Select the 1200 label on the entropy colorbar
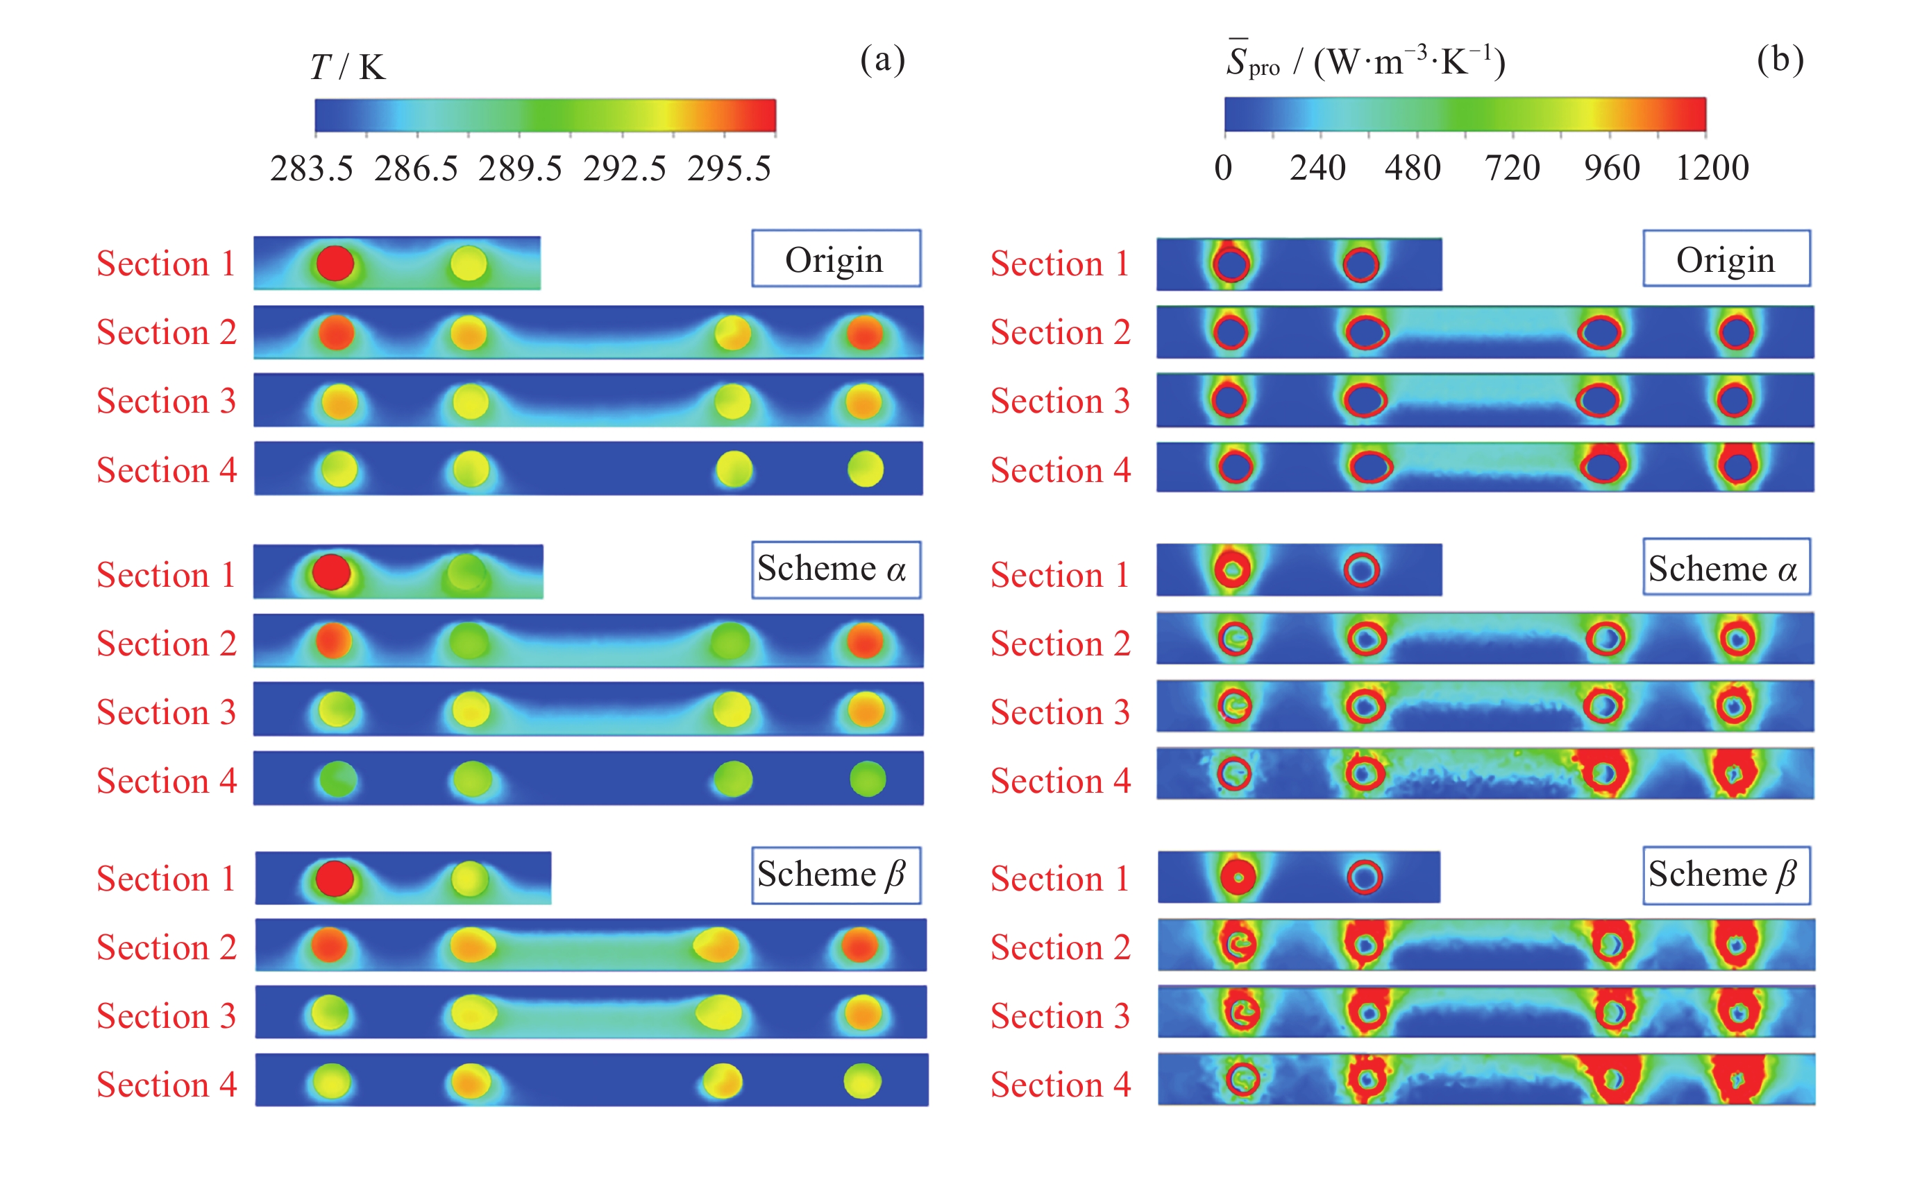[x=1712, y=168]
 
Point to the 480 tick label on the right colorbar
[x=1412, y=168]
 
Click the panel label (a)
[x=882, y=60]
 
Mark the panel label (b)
[x=1780, y=60]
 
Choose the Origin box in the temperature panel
[x=836, y=259]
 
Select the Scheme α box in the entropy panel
[x=1726, y=567]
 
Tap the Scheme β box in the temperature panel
[x=836, y=875]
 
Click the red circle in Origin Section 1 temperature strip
[x=335, y=263]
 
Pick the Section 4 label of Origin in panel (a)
[x=166, y=470]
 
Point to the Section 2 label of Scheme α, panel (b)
[x=1060, y=644]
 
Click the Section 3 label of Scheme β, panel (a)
[x=166, y=1016]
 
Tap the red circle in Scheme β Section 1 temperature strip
[x=335, y=878]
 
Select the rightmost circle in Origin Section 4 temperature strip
[x=866, y=470]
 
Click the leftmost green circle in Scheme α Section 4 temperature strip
[x=338, y=779]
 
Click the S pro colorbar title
[x=1365, y=62]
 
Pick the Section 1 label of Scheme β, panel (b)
[x=1060, y=879]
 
